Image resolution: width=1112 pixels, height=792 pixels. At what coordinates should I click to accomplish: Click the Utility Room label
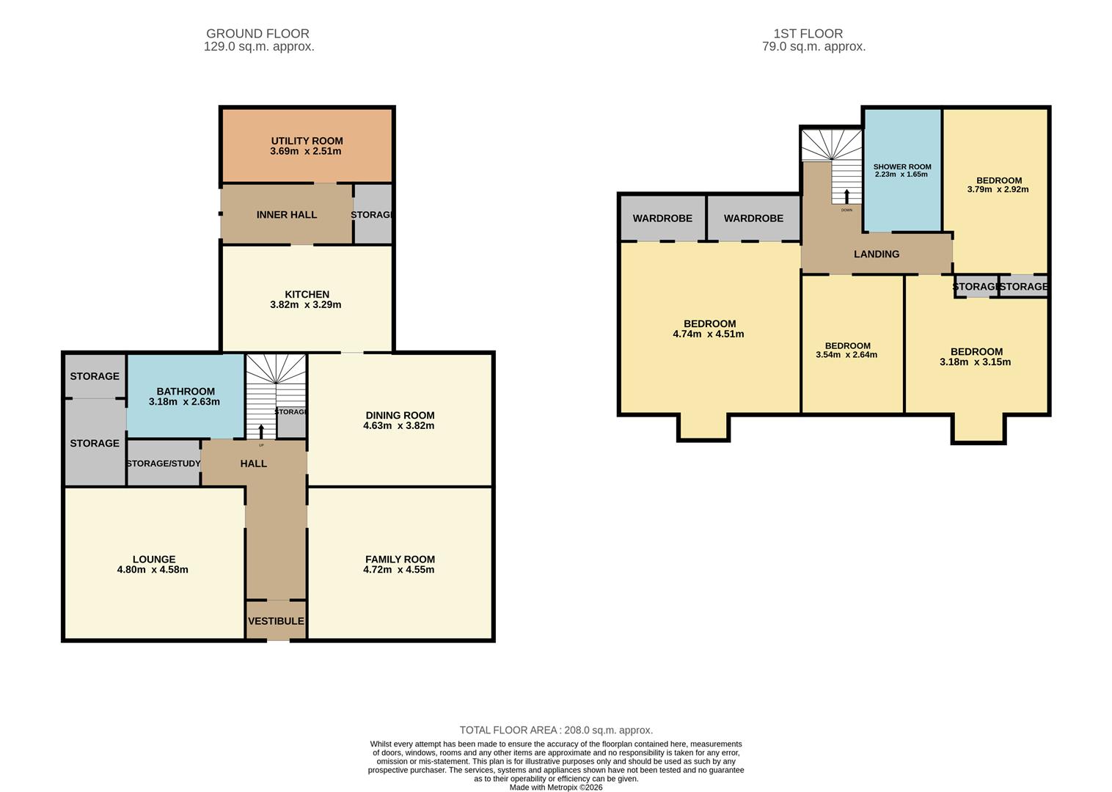pos(307,141)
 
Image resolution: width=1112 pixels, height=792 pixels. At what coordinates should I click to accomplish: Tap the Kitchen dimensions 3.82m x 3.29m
pos(305,304)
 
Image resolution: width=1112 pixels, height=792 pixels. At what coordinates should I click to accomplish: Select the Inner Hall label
pos(287,215)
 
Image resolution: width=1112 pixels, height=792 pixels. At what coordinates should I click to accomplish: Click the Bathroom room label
pos(186,392)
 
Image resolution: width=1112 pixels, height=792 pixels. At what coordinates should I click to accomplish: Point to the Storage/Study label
pos(164,463)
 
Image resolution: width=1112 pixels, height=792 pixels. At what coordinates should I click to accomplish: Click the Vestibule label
pos(276,621)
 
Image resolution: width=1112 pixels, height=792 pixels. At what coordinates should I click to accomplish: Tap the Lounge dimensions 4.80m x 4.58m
pos(153,570)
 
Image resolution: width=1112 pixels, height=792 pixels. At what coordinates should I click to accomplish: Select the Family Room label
pos(400,559)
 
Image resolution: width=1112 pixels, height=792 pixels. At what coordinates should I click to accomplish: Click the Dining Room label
pos(400,415)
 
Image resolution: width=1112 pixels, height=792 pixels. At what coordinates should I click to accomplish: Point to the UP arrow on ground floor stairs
pos(261,430)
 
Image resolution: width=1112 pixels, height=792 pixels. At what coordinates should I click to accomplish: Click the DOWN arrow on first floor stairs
pos(846,197)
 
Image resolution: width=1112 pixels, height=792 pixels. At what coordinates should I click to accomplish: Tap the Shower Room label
pos(901,166)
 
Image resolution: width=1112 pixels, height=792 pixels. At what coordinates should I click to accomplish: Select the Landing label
pos(877,254)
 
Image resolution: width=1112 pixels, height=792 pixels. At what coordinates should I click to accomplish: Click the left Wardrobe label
pos(662,219)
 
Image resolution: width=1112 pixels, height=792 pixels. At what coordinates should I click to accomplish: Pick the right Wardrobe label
pos(753,219)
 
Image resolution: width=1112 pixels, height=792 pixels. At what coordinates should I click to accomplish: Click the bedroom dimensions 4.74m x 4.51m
pos(709,334)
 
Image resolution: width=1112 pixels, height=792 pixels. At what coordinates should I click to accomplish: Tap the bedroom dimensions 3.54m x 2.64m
pos(846,355)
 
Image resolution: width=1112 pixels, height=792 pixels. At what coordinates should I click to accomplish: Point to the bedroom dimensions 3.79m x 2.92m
pos(998,189)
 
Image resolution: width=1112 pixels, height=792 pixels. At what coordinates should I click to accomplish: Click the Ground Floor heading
pos(257,34)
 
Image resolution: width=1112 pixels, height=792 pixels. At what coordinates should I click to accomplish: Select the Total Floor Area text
pos(556,730)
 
